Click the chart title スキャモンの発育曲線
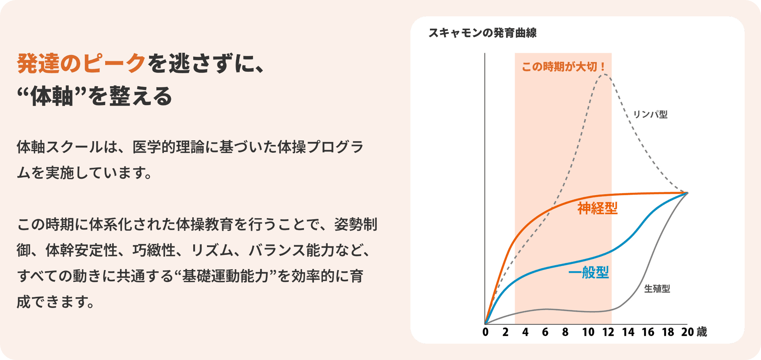[482, 33]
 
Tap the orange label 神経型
[597, 208]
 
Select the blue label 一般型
[589, 272]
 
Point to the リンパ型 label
[650, 114]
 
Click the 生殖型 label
[657, 289]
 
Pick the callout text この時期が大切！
[563, 67]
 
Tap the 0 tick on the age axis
[485, 332]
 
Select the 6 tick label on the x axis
[545, 332]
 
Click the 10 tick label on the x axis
[588, 332]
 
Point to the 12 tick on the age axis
[608, 332]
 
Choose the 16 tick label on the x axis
[648, 332]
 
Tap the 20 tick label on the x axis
[687, 332]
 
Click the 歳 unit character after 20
[702, 331]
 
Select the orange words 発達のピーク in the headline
[81, 63]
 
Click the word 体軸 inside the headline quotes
[52, 96]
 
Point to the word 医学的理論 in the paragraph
[168, 147]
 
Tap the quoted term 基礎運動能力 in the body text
[225, 276]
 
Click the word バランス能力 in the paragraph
[292, 250]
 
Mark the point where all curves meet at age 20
[687, 193]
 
